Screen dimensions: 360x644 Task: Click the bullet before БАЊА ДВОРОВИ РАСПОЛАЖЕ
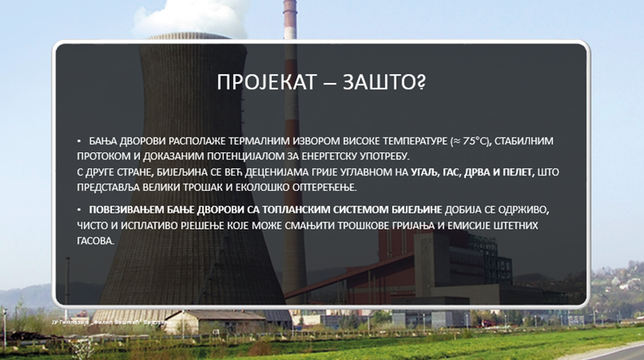point(80,140)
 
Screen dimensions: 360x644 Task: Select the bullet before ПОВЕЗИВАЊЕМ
point(80,209)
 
